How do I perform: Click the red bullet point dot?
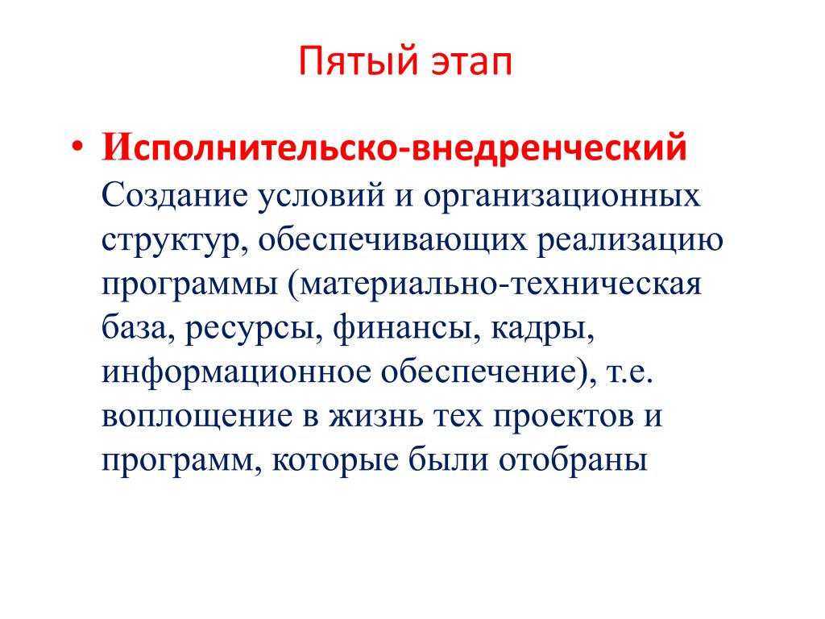click(x=77, y=147)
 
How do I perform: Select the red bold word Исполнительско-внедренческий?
click(x=394, y=146)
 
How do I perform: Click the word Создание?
click(x=174, y=195)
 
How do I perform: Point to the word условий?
click(x=321, y=197)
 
